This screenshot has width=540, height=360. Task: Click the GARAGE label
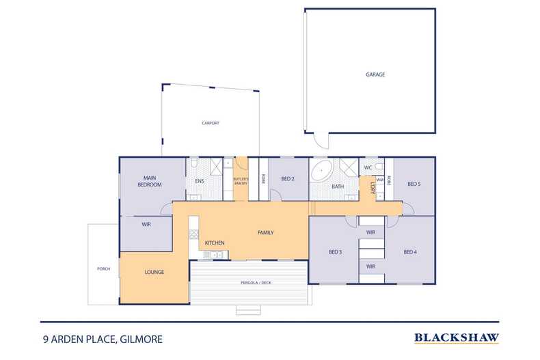point(375,74)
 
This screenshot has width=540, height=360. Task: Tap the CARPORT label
point(210,123)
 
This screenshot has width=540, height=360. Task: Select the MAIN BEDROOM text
point(152,182)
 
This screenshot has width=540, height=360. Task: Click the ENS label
point(200,181)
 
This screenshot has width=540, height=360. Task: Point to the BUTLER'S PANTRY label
point(241,181)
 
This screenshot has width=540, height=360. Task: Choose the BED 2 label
point(288,180)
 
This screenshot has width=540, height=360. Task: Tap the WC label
point(368,167)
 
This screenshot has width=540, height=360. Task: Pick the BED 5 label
point(414,183)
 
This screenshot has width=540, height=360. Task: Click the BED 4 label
point(410,252)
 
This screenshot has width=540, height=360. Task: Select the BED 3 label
point(335,252)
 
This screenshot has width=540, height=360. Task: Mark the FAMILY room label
point(265,232)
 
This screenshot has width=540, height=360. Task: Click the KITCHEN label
point(215,243)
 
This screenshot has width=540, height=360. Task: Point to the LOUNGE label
point(154,272)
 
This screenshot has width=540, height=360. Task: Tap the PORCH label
point(104,268)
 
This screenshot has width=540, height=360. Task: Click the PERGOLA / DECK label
point(248,281)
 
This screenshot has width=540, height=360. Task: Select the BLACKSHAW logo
point(457,337)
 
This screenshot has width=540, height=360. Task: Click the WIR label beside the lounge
point(146,224)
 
